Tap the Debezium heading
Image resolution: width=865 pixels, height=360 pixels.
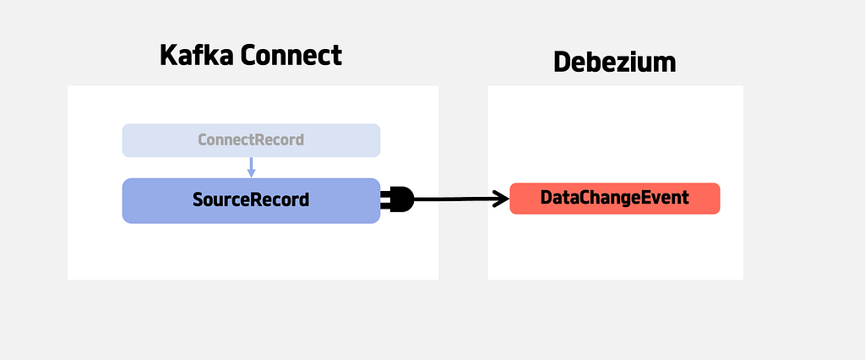point(615,62)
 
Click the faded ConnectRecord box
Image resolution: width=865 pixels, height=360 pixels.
point(251,140)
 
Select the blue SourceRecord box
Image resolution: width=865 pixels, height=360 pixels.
point(251,200)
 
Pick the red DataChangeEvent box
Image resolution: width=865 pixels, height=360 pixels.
point(615,199)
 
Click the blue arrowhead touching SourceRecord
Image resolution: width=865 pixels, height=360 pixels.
point(251,173)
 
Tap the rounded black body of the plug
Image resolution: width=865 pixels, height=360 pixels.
point(402,199)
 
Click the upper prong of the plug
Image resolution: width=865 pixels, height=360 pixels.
point(385,194)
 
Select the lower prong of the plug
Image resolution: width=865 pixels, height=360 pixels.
point(385,205)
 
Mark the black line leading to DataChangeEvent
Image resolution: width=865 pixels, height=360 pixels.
point(461,199)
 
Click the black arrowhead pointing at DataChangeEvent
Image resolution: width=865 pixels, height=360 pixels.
point(500,199)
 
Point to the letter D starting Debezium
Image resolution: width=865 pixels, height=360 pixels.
point(561,63)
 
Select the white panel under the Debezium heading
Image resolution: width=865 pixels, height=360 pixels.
point(615,183)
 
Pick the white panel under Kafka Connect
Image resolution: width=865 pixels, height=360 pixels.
point(253,183)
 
